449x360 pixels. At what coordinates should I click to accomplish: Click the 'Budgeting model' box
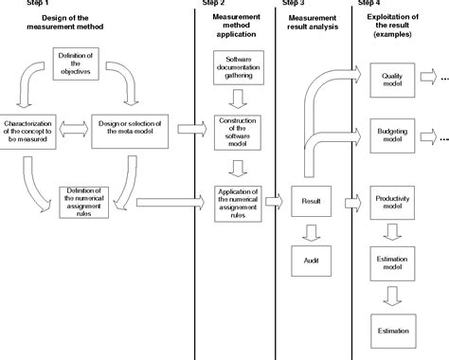click(391, 135)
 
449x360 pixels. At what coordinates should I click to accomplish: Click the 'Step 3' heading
click(295, 4)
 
